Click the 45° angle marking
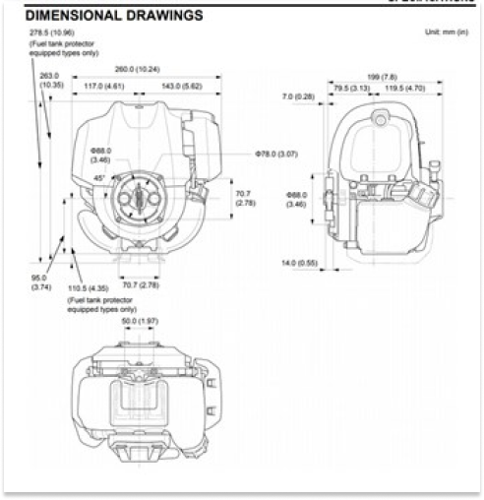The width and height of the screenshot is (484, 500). pos(99,178)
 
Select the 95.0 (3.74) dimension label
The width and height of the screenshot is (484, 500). pos(40,282)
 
